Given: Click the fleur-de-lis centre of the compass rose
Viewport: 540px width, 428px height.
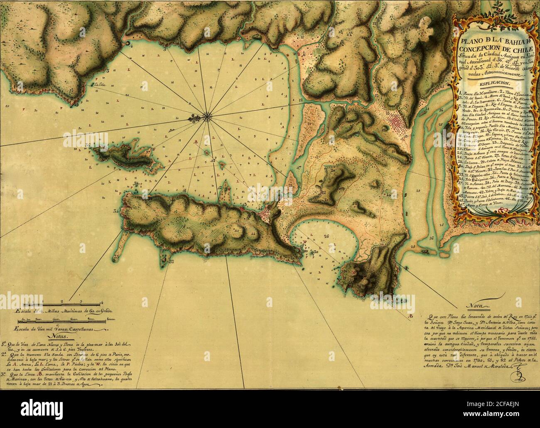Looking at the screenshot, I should coord(206,117).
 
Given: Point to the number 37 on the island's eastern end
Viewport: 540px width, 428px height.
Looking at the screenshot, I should coord(148,151).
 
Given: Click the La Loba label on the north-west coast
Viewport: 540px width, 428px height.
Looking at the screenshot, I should coord(99,86).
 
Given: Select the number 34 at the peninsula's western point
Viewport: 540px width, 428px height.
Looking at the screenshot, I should coord(117,211).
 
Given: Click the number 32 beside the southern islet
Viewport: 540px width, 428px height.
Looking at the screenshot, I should coord(171,261).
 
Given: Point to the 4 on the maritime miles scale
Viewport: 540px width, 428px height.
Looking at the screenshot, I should coord(101,302).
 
